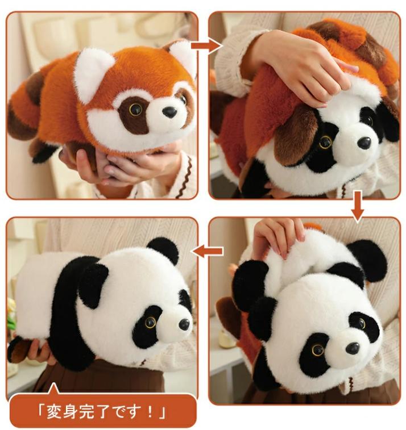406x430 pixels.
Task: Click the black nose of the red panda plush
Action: pos(169,112)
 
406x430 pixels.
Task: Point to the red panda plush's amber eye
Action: pos(135,110)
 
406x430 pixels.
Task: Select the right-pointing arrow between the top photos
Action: pos(206,45)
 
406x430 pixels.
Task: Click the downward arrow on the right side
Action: pos(358,207)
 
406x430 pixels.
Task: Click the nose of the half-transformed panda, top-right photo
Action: pos(364,143)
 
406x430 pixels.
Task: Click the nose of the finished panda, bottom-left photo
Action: pos(184,324)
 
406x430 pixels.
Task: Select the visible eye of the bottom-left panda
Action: pos(151,322)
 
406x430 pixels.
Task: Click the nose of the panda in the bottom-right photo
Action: pos(352,348)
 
